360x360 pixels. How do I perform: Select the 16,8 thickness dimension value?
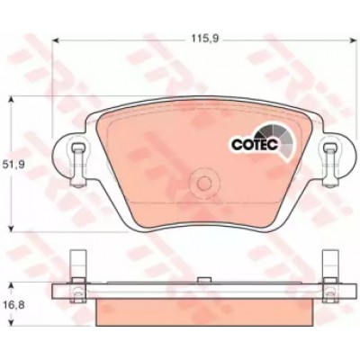(13, 306)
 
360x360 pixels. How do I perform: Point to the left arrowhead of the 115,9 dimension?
(55, 40)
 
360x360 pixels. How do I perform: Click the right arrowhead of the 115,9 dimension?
(352, 40)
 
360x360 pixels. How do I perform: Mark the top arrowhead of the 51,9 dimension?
(11, 99)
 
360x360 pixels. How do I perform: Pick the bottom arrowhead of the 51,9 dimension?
(11, 229)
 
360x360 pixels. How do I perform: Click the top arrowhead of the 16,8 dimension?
(11, 285)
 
